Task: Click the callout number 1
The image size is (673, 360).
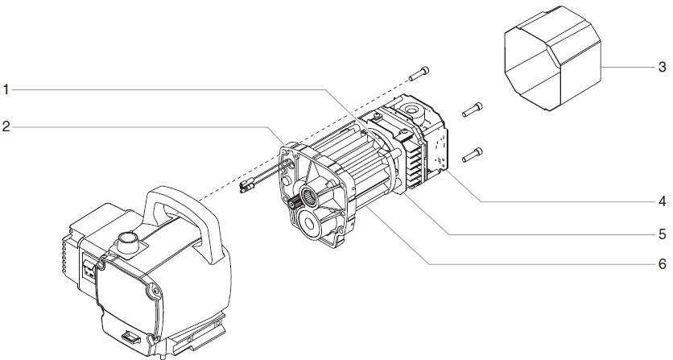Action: [6, 89]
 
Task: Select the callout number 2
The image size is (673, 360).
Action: [6, 127]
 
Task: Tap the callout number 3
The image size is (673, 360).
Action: [662, 67]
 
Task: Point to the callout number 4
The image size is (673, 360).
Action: [662, 200]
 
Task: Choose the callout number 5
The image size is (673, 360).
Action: [662, 234]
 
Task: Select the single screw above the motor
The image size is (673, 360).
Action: [419, 73]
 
